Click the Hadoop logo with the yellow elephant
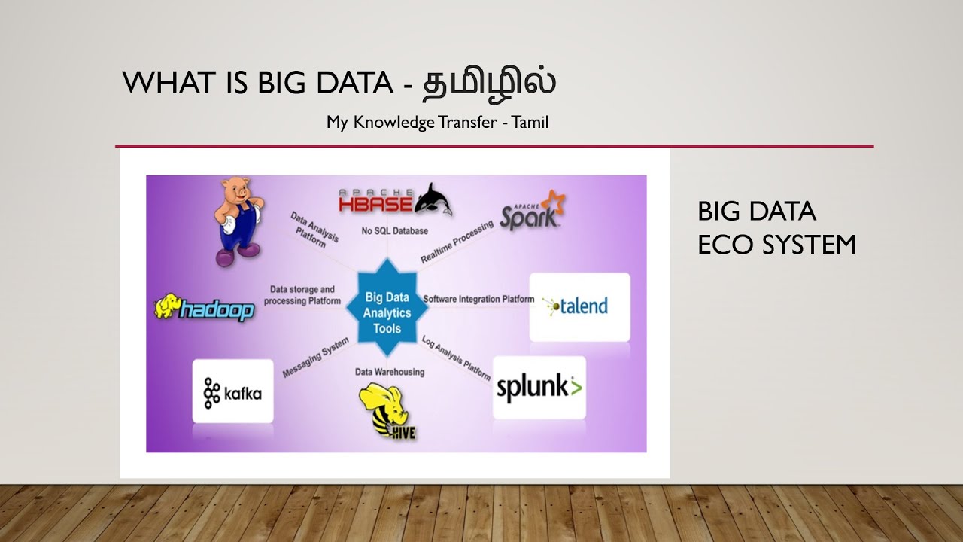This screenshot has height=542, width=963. (205, 308)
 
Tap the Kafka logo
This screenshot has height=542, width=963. (232, 393)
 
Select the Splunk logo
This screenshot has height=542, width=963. (539, 388)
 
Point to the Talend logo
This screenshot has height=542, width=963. (579, 306)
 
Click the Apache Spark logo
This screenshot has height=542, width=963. (533, 212)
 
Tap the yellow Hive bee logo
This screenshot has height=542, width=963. (387, 411)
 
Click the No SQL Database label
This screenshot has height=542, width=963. (394, 230)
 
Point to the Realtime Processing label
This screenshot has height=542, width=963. (457, 242)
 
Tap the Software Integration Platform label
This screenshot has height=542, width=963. (478, 299)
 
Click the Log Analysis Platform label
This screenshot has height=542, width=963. (457, 356)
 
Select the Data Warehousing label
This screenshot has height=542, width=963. (390, 372)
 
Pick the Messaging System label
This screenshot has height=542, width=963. (316, 358)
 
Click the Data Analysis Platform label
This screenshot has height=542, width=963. (314, 230)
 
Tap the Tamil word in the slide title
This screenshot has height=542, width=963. (488, 83)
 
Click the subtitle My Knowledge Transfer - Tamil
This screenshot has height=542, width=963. (437, 122)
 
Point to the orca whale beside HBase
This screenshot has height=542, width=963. (434, 199)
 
